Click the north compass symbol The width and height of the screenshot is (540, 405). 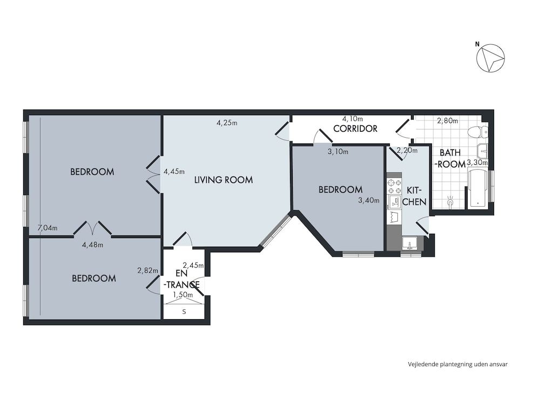coord(490,58)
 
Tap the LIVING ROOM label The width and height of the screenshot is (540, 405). coord(224,180)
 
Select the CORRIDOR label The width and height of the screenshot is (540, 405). coord(355,129)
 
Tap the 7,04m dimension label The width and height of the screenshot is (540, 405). coord(47,228)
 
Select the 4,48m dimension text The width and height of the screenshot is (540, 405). coord(92,245)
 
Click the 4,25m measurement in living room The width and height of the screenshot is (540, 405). coord(227,123)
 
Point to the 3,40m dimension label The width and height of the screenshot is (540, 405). coord(369,200)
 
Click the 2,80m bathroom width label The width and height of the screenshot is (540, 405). coord(447,121)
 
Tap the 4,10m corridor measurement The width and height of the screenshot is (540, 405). coord(353,119)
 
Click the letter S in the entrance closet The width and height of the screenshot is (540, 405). coord(184,312)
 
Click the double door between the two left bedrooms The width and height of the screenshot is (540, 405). coord(93,229)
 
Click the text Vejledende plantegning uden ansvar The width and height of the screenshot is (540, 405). coord(457,364)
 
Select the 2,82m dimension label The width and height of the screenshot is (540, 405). coord(148,271)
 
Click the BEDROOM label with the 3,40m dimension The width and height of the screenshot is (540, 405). coord(340,190)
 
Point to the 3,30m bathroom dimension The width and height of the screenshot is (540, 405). coord(477,162)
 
